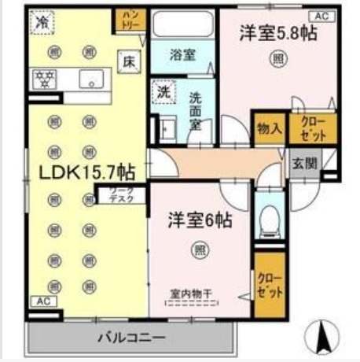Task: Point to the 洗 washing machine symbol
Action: pos(162,91)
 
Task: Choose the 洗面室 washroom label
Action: pos(197,112)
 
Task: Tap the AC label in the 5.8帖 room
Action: pos(321,16)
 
